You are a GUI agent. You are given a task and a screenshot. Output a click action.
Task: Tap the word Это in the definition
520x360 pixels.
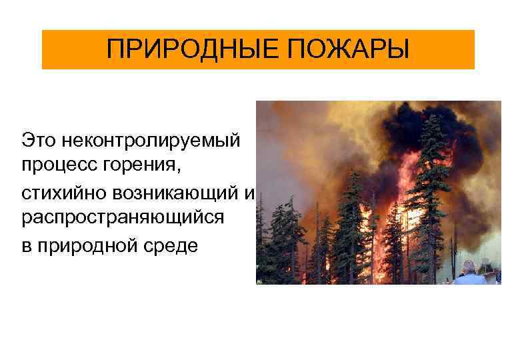coord(36,141)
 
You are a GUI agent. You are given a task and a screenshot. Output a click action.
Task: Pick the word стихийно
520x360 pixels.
coord(57,193)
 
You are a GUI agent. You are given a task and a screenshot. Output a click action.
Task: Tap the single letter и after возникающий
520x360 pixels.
coord(250,194)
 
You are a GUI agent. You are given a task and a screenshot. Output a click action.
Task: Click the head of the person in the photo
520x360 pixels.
coord(470,267)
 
